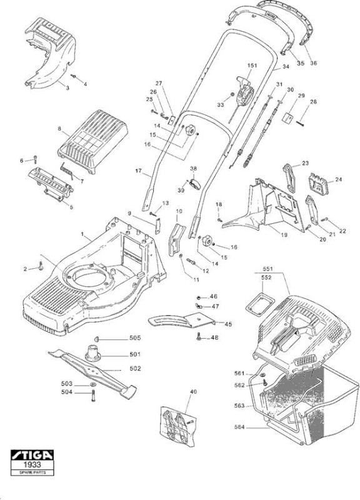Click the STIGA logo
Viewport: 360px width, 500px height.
coord(32,455)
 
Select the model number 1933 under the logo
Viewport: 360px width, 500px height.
coord(32,464)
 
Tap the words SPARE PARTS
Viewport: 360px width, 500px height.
coord(32,472)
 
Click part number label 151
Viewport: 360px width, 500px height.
coord(252,66)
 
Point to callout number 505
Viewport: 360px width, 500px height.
coord(135,337)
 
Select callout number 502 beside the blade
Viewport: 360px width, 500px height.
coord(135,368)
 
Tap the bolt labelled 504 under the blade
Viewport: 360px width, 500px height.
coord(93,396)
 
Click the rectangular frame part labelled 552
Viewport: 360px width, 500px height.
coord(260,302)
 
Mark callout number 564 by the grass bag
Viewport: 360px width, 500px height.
coord(239,427)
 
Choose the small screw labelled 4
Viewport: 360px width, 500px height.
coord(74,76)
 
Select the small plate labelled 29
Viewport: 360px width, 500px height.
coord(288,117)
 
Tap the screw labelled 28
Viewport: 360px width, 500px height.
coord(300,122)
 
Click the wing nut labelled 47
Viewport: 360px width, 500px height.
coord(199,306)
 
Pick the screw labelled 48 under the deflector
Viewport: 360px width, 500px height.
coord(199,336)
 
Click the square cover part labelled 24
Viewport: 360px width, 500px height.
coord(317,184)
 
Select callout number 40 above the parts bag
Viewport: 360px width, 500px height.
coord(193,391)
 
